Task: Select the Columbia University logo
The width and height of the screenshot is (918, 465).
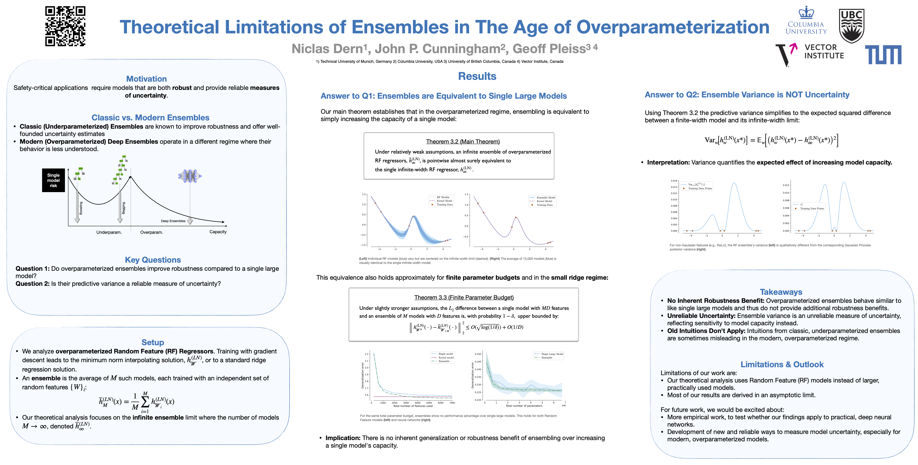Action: point(806,21)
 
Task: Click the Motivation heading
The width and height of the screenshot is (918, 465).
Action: point(146,79)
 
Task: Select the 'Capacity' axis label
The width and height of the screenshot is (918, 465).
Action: point(218,232)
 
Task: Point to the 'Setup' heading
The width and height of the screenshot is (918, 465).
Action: point(153,342)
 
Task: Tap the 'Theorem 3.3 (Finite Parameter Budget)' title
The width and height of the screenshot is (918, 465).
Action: point(464,297)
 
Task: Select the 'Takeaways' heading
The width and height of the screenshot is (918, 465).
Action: point(781,292)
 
